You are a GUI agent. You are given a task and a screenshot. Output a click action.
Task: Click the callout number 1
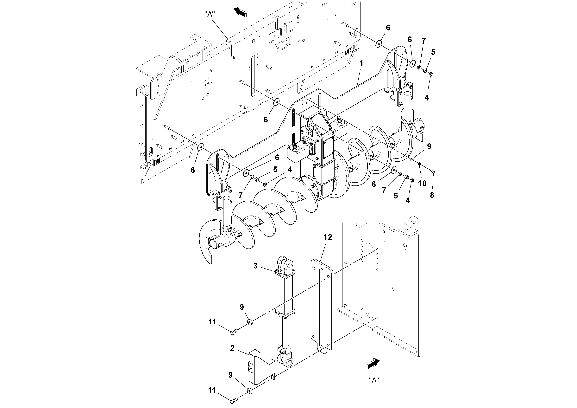pos(361,63)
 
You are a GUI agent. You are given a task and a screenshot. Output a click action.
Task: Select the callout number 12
pos(328,237)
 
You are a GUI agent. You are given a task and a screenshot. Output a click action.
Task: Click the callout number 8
pos(432,195)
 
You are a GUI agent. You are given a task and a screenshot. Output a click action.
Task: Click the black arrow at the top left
pos(240,12)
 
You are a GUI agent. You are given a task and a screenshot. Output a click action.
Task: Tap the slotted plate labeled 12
pos(322,307)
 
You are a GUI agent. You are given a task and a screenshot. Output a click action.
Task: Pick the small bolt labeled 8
pos(433,172)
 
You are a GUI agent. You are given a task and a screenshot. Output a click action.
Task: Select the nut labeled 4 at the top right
pos(430,74)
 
